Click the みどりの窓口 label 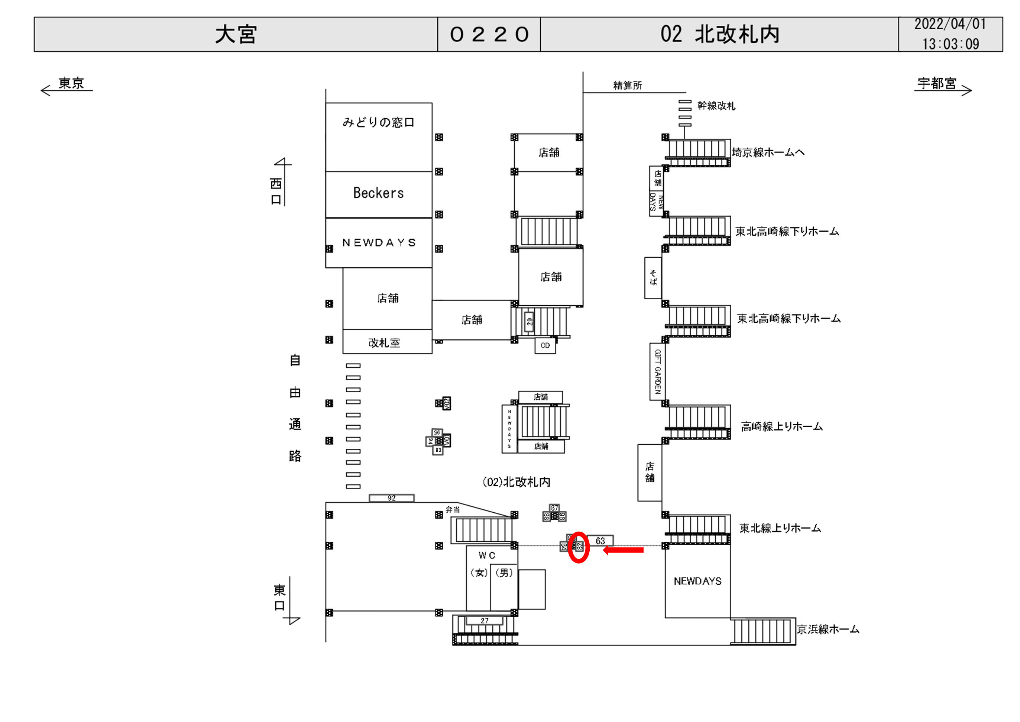(379, 122)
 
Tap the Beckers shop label (379, 193)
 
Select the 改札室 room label (384, 343)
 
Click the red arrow (623, 550)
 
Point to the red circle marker (579, 547)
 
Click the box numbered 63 (600, 541)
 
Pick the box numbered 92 (391, 498)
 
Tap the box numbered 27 (484, 621)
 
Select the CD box (545, 345)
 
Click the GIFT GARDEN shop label (657, 372)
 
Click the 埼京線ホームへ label (768, 152)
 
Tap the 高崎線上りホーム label (781, 427)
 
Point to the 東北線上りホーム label (780, 528)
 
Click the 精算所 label (627, 86)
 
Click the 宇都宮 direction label (937, 83)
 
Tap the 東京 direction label (71, 83)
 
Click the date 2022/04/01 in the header (950, 25)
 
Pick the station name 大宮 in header (236, 35)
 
